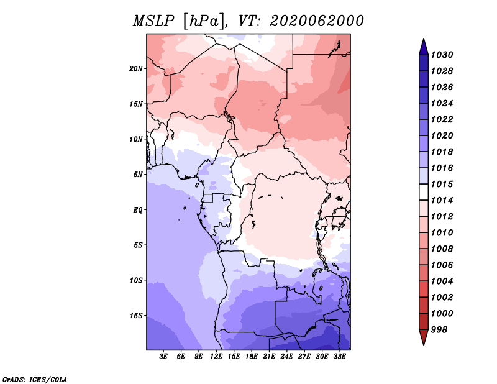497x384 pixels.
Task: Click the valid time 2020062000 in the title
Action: pyautogui.click(x=317, y=21)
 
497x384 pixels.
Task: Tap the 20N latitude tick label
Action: pyautogui.click(x=136, y=69)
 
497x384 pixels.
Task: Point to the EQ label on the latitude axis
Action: pyautogui.click(x=137, y=210)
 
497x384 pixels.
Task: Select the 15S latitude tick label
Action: pyautogui.click(x=136, y=316)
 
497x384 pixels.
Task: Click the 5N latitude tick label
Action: pyautogui.click(x=138, y=175)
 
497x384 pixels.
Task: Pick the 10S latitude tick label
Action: pyautogui.click(x=136, y=280)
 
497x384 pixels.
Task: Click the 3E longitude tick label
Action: pyautogui.click(x=163, y=357)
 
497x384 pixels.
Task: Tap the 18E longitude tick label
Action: pyautogui.click(x=252, y=357)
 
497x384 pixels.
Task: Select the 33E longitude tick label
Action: pyautogui.click(x=339, y=357)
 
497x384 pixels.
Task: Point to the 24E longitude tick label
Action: pyautogui.click(x=286, y=357)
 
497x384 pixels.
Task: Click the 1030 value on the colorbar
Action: pyautogui.click(x=442, y=55)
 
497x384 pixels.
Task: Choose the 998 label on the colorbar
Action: pyautogui.click(x=439, y=330)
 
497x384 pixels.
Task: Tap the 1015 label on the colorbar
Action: pyautogui.click(x=442, y=184)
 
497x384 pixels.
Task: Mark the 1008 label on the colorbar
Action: pyautogui.click(x=442, y=249)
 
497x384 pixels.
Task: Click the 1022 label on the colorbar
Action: pyautogui.click(x=442, y=119)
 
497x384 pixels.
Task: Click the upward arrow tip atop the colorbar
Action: pyautogui.click(x=424, y=39)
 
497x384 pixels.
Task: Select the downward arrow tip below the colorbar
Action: pyautogui.click(x=424, y=345)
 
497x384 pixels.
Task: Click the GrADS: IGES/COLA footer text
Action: pyautogui.click(x=35, y=380)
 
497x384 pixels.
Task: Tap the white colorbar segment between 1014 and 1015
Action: pyautogui.click(x=424, y=192)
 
